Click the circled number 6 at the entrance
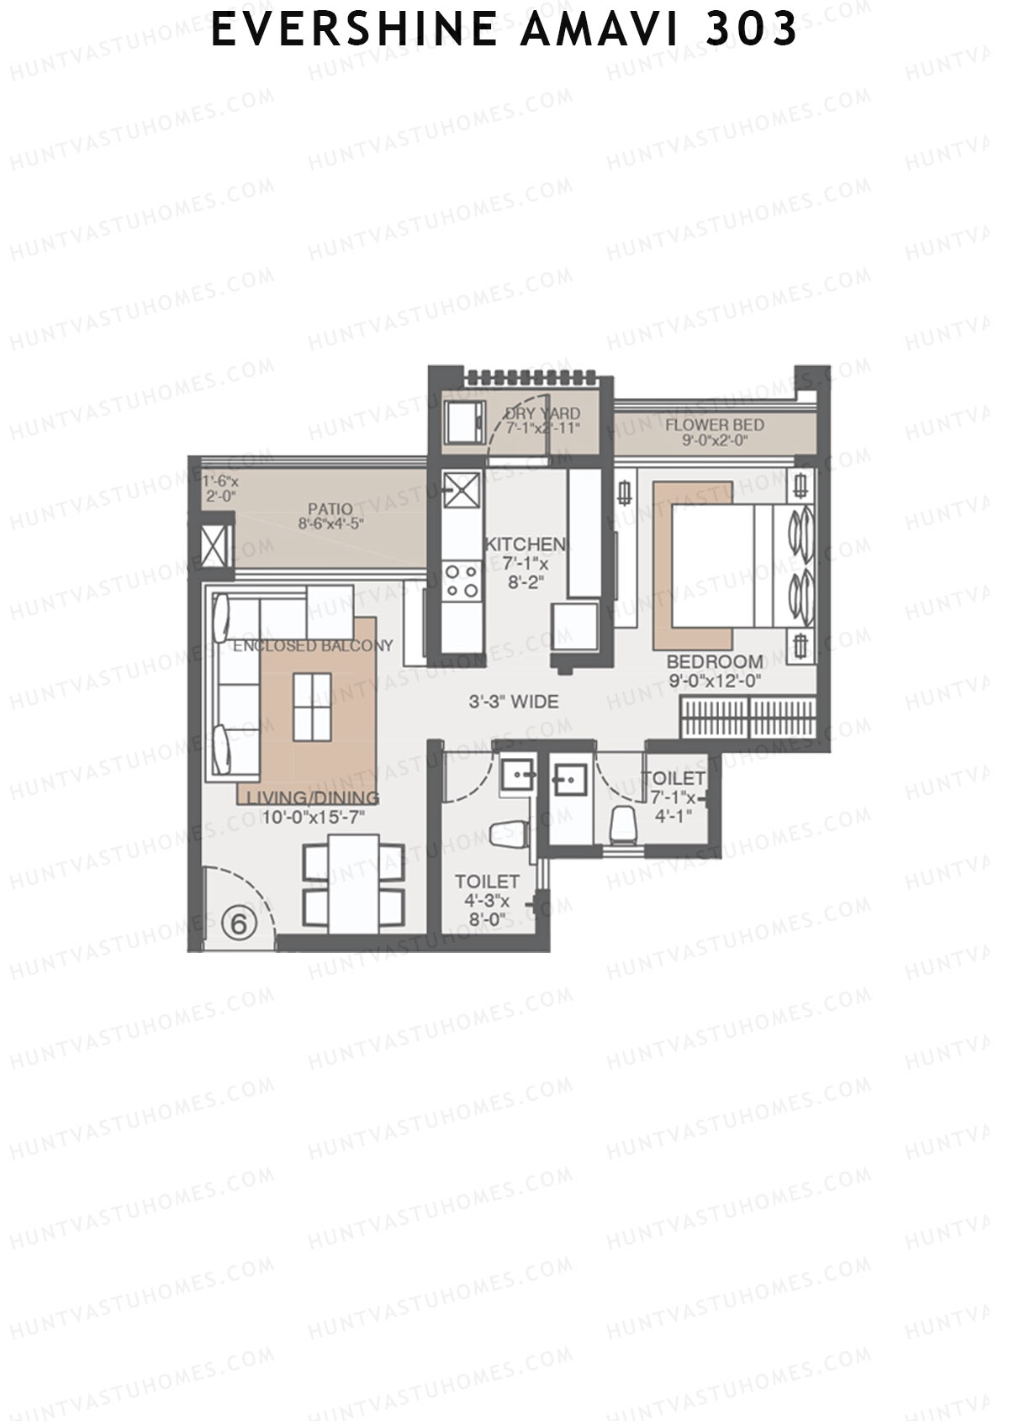click(238, 923)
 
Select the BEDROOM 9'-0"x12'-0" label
click(715, 671)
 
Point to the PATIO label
click(330, 515)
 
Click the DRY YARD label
click(541, 419)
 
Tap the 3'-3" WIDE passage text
click(513, 701)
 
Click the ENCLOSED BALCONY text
click(313, 645)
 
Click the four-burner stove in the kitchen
click(462, 581)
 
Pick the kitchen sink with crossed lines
click(462, 491)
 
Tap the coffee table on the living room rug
click(312, 707)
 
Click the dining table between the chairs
click(352, 883)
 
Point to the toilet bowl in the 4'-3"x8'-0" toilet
click(509, 834)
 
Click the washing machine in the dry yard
click(464, 421)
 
